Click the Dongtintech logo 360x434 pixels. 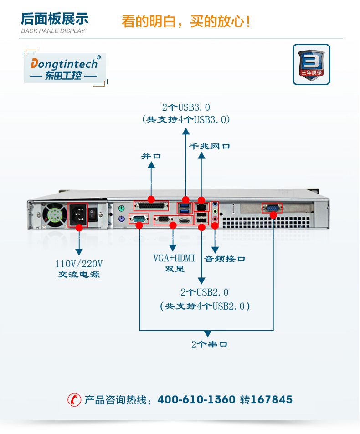click(64, 68)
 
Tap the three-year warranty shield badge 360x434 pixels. click(311, 64)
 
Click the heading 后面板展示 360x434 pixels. click(55, 19)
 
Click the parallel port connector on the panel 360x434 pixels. click(151, 206)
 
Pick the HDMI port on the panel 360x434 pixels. click(184, 220)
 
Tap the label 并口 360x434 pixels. click(151, 156)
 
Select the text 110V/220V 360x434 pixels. click(79, 264)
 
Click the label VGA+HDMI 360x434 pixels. click(174, 259)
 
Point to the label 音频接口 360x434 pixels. click(225, 259)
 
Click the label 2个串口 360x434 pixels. click(209, 344)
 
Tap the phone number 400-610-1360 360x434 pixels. click(196, 400)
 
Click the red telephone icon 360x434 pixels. click(74, 399)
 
